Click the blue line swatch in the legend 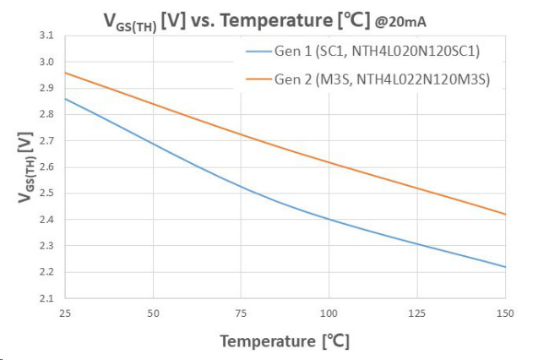pyautogui.click(x=254, y=52)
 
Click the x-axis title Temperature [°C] pyautogui.click(x=285, y=341)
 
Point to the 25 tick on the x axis pyautogui.click(x=65, y=314)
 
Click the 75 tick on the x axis pyautogui.click(x=242, y=314)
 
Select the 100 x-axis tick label pyautogui.click(x=329, y=314)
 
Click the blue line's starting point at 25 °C pyautogui.click(x=65, y=99)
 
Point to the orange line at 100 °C pyautogui.click(x=329, y=162)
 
